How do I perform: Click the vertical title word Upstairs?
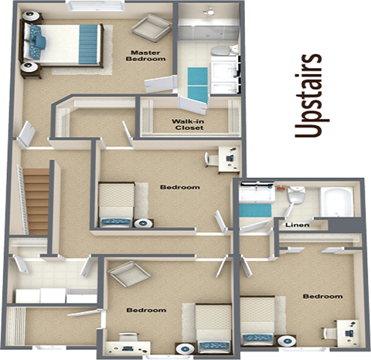(311, 96)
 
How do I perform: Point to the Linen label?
(297, 225)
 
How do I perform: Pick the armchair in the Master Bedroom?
(148, 29)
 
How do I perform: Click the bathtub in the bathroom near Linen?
(336, 202)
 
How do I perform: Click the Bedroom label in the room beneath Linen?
(322, 296)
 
